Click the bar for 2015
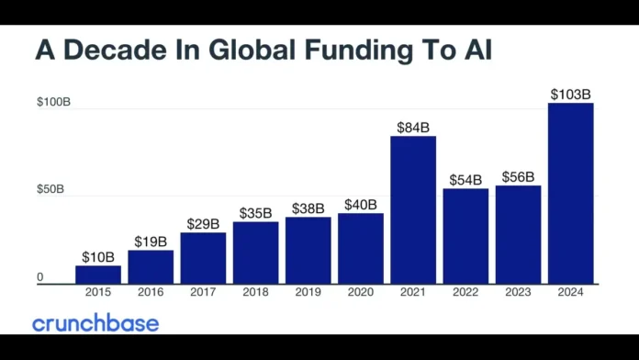click(x=98, y=275)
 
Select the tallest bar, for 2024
click(x=571, y=193)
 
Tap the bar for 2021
click(x=413, y=210)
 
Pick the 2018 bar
click(x=255, y=253)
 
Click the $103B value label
click(x=571, y=94)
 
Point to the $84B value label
click(x=413, y=127)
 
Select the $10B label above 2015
click(x=98, y=256)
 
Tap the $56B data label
click(x=518, y=176)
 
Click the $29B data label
click(x=203, y=223)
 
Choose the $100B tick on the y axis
click(x=52, y=102)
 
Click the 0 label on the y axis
click(x=40, y=276)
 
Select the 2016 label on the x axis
click(x=151, y=292)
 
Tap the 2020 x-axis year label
click(x=361, y=292)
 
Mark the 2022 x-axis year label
click(x=465, y=292)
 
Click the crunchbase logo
click(x=95, y=323)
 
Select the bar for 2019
click(x=308, y=251)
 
